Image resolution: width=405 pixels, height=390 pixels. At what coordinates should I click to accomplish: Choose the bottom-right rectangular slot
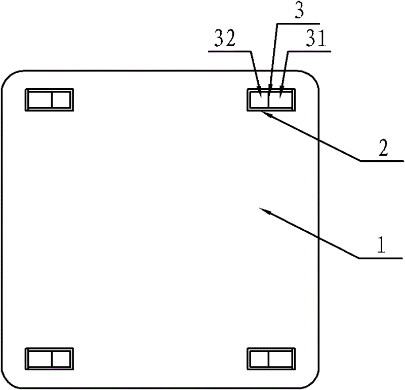coord(271,359)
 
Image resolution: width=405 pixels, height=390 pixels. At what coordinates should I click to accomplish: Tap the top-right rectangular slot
coord(271,100)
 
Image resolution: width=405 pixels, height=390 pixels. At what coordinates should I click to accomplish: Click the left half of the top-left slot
coord(39,100)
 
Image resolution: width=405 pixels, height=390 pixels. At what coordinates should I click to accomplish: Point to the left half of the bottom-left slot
coord(39,359)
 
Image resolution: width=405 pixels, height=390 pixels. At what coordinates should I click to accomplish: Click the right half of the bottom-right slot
coord(281,359)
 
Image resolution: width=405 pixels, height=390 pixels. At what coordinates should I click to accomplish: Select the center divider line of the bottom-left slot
coord(52,359)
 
